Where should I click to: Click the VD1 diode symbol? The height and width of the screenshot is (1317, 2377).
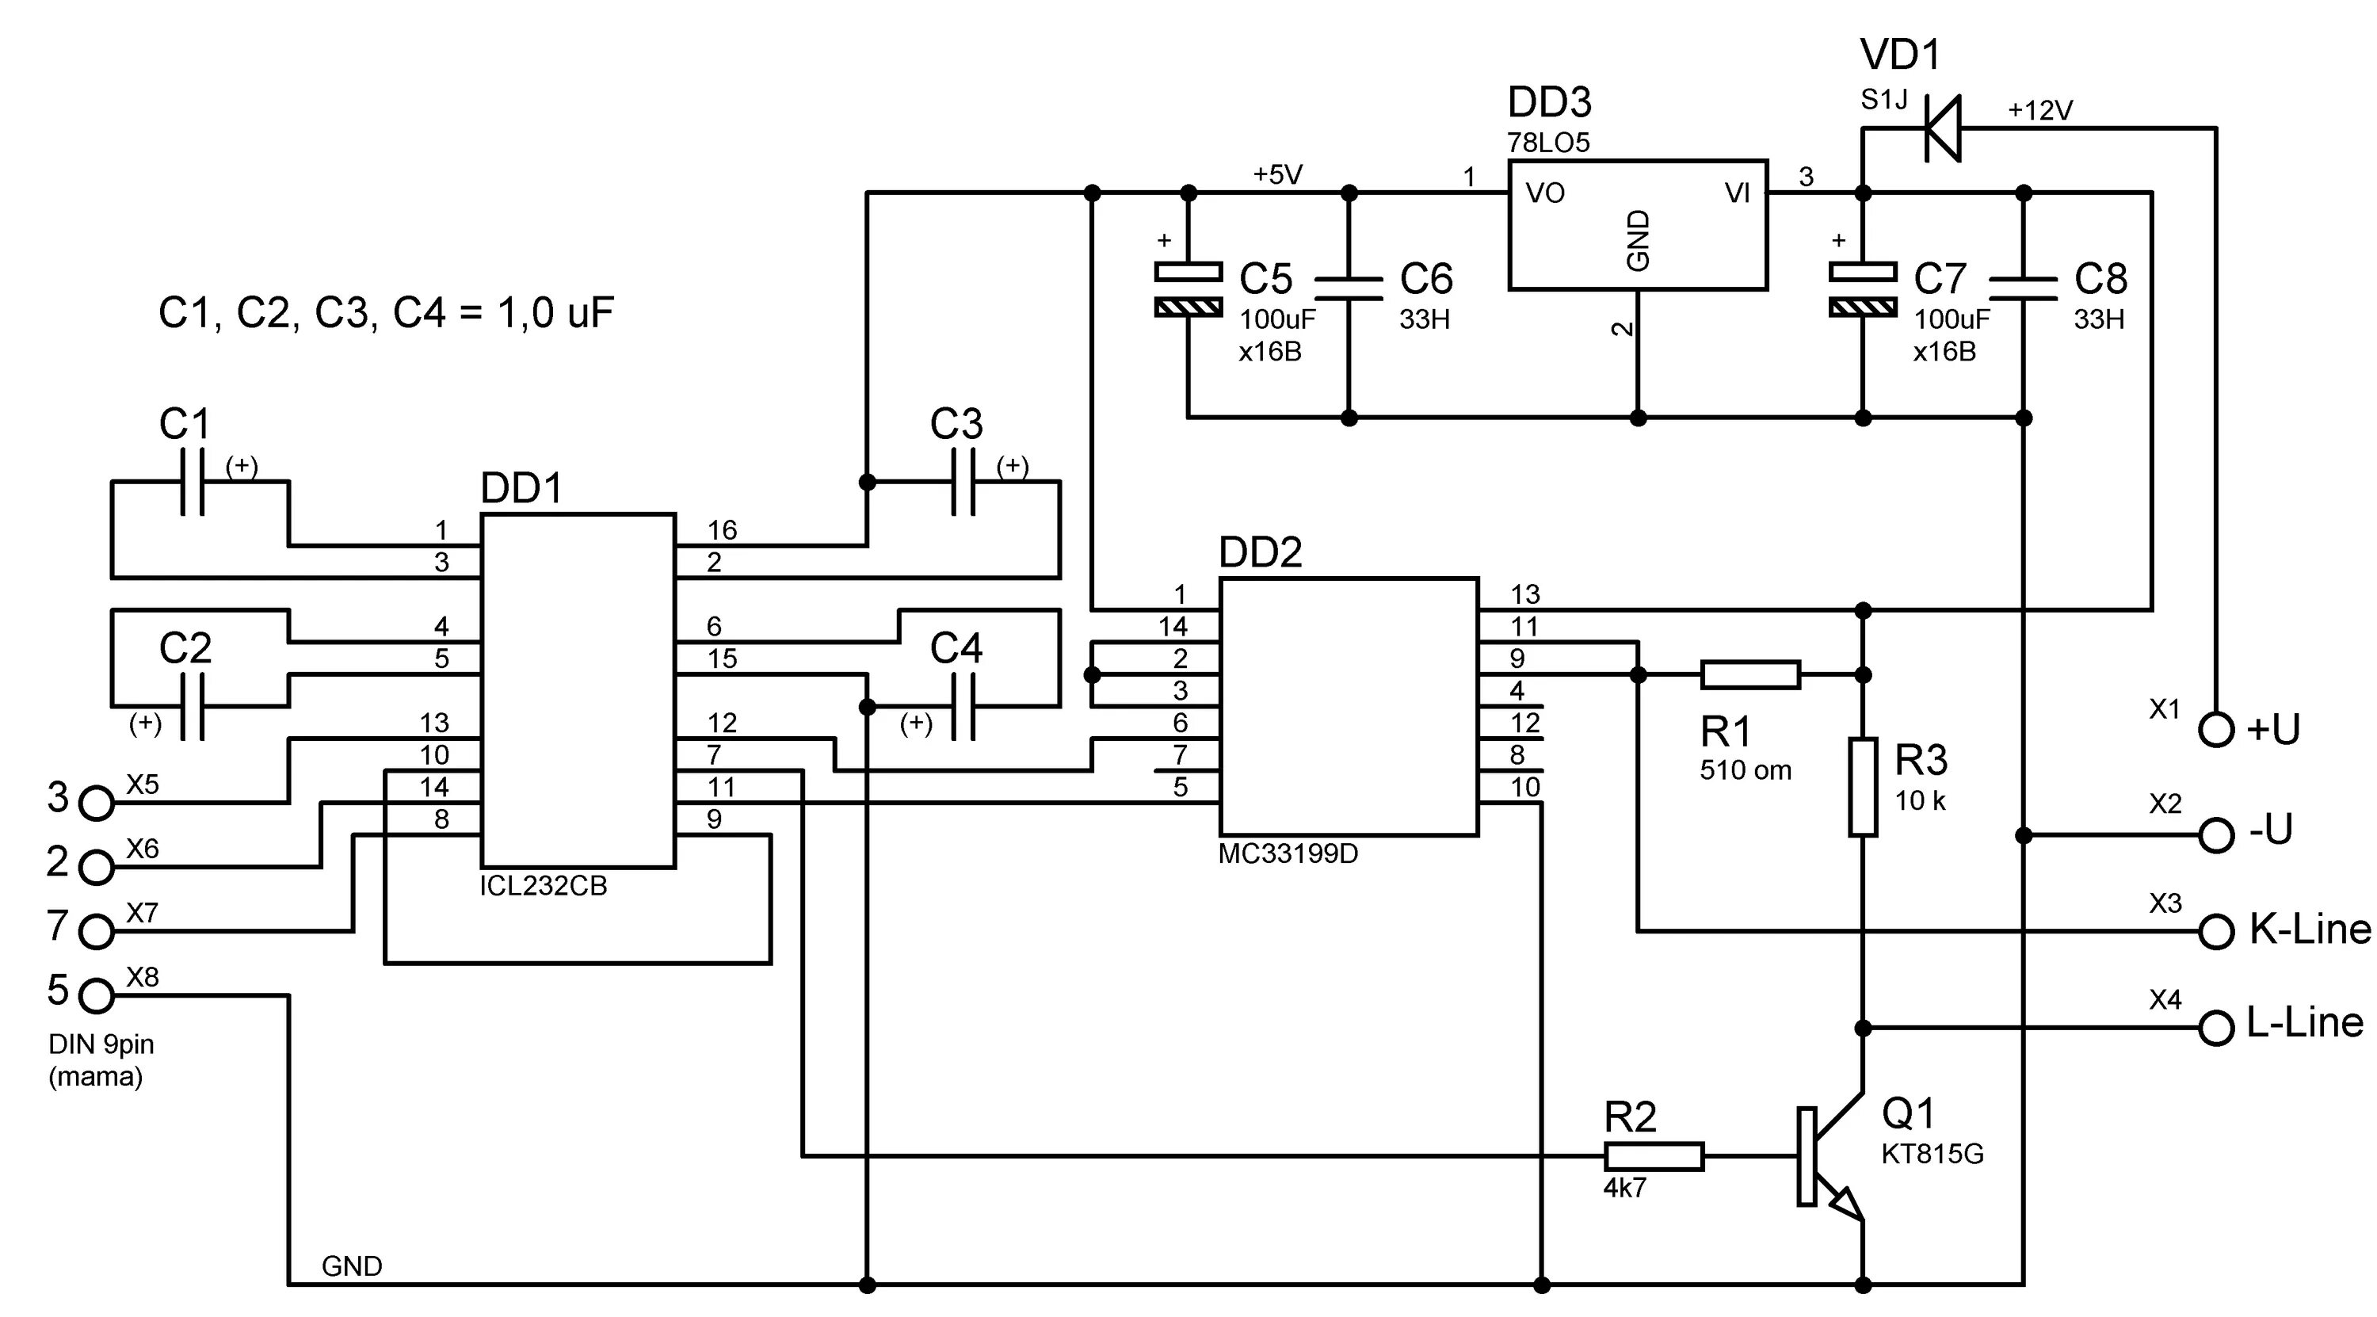[x=1942, y=128]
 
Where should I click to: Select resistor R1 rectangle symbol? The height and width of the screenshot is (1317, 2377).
[x=1749, y=674]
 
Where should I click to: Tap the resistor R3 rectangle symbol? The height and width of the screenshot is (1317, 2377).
[x=1862, y=786]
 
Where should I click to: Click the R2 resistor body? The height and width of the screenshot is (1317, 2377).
[x=1654, y=1155]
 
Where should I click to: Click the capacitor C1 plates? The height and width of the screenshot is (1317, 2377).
[x=192, y=482]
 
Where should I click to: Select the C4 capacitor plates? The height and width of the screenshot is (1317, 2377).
[x=963, y=707]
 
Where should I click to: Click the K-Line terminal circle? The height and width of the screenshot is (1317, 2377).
[x=2215, y=931]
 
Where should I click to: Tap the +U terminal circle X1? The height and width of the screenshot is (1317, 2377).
[x=2215, y=730]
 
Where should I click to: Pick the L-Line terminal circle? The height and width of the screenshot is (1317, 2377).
[x=2215, y=1027]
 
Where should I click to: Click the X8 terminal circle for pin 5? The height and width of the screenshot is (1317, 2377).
[x=96, y=996]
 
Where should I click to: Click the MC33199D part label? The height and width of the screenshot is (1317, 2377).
[x=1288, y=854]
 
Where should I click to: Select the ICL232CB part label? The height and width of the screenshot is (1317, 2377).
[x=543, y=886]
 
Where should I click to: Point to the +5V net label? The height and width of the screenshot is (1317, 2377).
[x=1277, y=174]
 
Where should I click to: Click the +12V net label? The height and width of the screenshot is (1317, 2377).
[x=2040, y=111]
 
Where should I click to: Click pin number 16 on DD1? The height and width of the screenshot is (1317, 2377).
[x=722, y=530]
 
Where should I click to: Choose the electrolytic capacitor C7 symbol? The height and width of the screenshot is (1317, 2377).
[x=1862, y=289]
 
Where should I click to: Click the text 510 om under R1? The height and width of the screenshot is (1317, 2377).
[x=1745, y=771]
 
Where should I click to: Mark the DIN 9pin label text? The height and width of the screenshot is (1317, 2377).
[x=101, y=1044]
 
